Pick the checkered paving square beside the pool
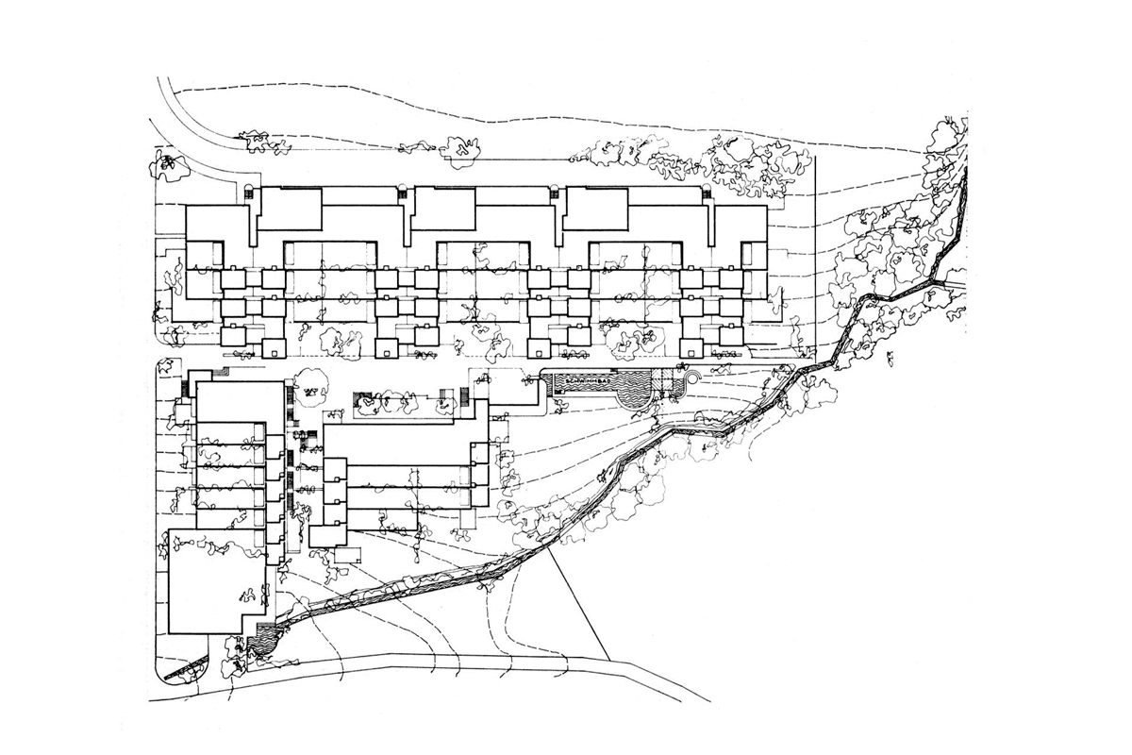pos(672,384)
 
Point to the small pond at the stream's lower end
pos(263,643)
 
